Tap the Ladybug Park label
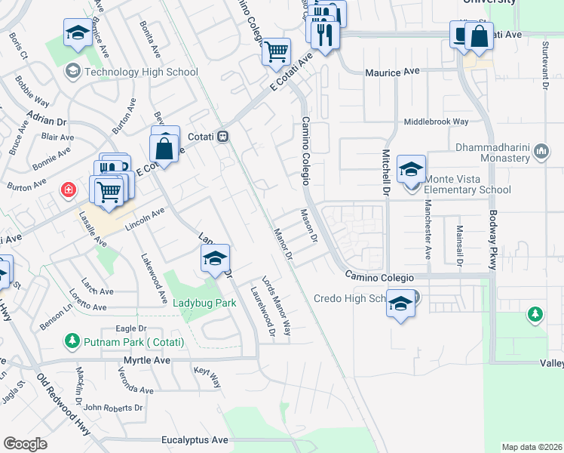(x=204, y=304)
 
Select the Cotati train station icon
(x=222, y=137)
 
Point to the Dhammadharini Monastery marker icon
(x=541, y=153)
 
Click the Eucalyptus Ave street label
(x=195, y=439)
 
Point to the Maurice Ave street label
(x=391, y=72)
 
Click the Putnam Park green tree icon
(x=72, y=341)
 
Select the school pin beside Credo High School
(x=401, y=304)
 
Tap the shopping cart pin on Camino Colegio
(x=277, y=52)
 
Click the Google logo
(x=25, y=444)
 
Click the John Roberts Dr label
(x=113, y=408)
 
